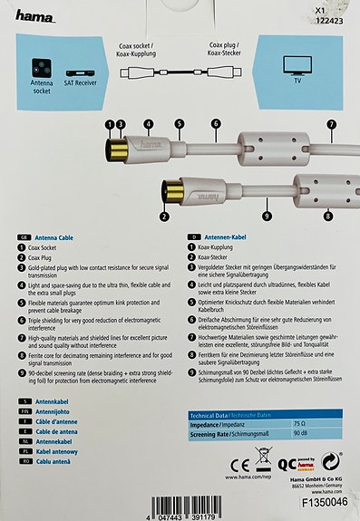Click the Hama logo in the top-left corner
[34, 15]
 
